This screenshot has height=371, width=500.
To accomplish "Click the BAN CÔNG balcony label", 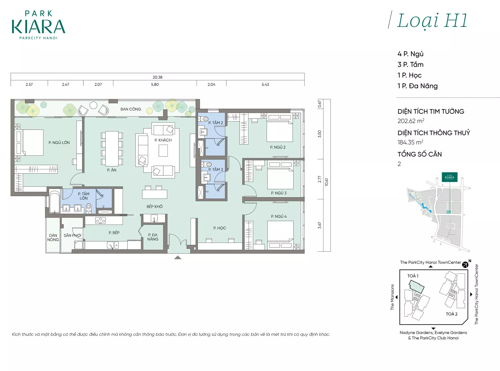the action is pos(131,109).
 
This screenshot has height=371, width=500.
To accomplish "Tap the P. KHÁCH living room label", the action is pos(163,140).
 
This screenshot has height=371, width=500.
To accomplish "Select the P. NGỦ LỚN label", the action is pos(59,143).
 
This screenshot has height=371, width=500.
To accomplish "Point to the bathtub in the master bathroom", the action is pos(55,202).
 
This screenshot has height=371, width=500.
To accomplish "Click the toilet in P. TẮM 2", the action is pos(203,119).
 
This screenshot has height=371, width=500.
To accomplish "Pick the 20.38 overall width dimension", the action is pos(158,77).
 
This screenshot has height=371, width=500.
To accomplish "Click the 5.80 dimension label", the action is pos(155,85).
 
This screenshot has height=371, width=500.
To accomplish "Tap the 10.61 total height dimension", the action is pos(327,182).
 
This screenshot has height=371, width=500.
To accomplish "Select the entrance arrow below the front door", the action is pos(178,258).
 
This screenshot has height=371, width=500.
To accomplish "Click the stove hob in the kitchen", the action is pos(101,221).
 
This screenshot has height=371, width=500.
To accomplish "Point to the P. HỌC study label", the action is pos(220,228).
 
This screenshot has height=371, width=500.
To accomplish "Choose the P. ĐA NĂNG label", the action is pos(153,237).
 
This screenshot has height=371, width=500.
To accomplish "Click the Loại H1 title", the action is pos(432,21).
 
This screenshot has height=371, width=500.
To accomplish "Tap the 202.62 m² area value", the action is pos(411,121).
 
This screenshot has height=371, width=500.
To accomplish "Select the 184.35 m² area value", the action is pos(410,142).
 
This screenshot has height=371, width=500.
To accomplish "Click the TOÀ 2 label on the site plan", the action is pos(452,314).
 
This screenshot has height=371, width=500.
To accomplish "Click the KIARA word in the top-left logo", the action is pos(38,27).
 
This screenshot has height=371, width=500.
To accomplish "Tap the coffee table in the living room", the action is pos(163,150).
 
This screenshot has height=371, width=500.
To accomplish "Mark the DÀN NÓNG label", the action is pos(53,238).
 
